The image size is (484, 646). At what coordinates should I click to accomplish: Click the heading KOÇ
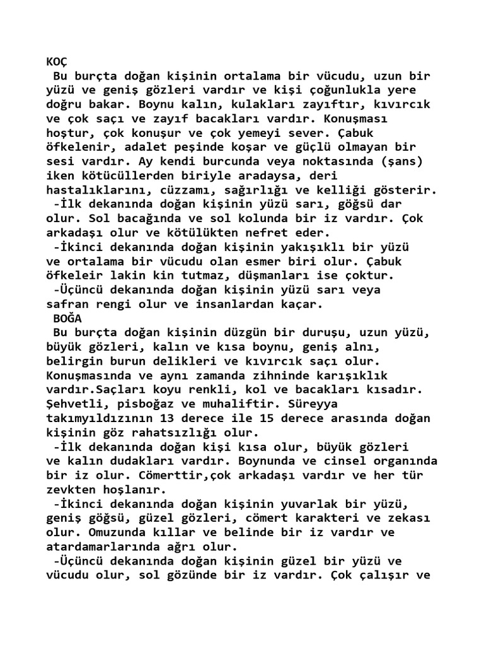coord(57,62)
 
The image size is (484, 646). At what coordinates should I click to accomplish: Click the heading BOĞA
coord(67,318)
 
